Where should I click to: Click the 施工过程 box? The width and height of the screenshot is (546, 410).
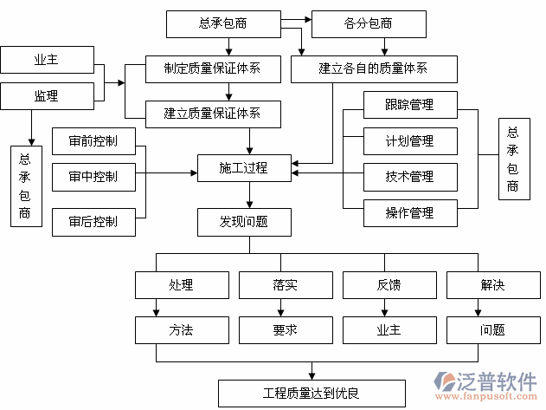tap(243, 168)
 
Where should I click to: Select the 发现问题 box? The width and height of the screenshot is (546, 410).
tap(243, 222)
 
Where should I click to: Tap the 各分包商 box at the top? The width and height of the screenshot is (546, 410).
tap(368, 24)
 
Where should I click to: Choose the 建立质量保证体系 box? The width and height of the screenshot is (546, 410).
tap(212, 112)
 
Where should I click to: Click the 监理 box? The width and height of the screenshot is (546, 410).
tap(46, 96)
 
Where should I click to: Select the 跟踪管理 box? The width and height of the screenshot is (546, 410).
tap(409, 105)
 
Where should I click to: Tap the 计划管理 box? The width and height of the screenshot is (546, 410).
tap(409, 140)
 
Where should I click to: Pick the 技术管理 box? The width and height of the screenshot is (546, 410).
tap(409, 177)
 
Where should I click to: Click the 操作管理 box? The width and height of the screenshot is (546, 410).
tap(409, 212)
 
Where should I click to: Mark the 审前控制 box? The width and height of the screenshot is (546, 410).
tap(93, 141)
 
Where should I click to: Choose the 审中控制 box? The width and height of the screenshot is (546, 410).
tap(93, 177)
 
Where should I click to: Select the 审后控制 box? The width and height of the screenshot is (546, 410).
tap(93, 222)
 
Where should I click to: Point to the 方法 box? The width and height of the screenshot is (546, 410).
tap(181, 329)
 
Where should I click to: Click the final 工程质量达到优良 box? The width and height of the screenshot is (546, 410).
tap(311, 393)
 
